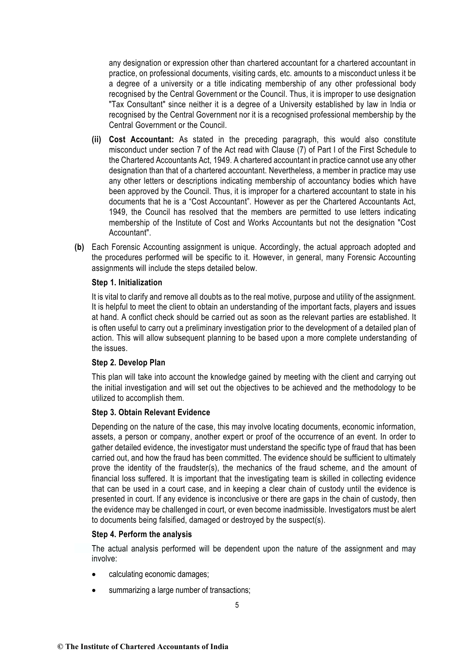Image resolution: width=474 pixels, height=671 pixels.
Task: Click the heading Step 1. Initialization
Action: coord(127,283)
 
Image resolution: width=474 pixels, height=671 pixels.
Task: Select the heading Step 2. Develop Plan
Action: coord(128,363)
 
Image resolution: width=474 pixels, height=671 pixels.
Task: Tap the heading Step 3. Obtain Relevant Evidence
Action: coord(150,412)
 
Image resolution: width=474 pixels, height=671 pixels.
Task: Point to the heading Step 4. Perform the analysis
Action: coord(141,534)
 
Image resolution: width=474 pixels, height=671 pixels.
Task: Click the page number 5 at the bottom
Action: coord(237,605)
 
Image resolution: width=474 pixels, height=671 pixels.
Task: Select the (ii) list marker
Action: coord(97,139)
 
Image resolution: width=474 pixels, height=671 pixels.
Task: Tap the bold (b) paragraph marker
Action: coord(80,247)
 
